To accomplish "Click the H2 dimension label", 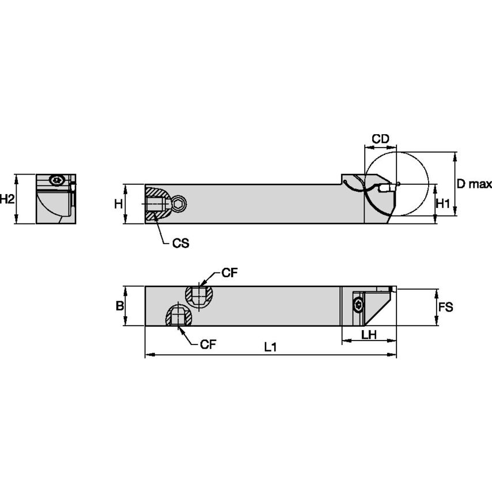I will (7, 199).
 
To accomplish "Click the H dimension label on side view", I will (118, 203).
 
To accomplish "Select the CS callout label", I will (180, 243).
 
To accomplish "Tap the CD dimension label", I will (380, 139).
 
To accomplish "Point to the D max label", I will (474, 184).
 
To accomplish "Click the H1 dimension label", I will (442, 203).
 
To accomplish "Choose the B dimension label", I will (120, 306).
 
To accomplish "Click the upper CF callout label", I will (229, 274).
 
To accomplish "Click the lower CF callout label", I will (209, 345).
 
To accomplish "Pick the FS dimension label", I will (445, 307).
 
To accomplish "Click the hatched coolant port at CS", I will (156, 205).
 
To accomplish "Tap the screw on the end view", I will (56, 180).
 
